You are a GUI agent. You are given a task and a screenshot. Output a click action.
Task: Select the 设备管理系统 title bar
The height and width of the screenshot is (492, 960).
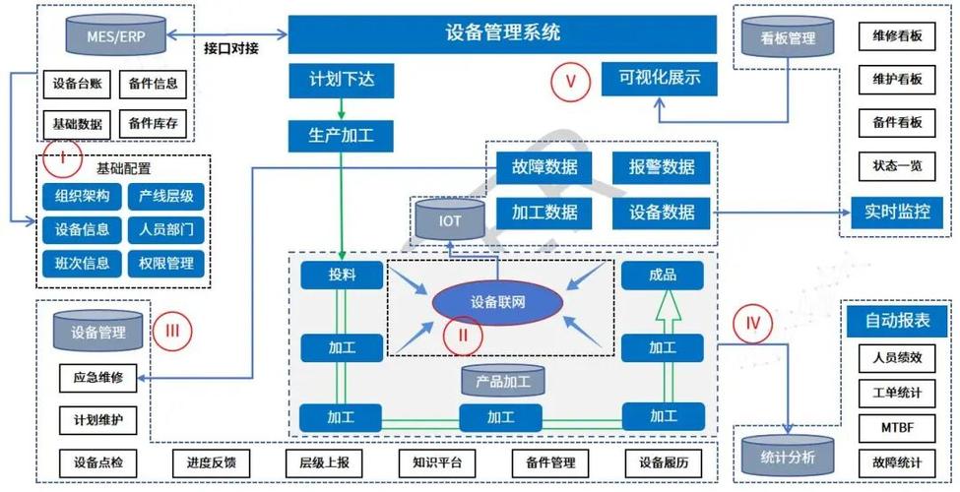tap(502, 33)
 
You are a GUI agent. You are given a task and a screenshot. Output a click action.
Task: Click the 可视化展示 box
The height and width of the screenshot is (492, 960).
tap(659, 78)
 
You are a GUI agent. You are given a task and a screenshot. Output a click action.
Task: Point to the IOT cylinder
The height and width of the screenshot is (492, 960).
tap(449, 219)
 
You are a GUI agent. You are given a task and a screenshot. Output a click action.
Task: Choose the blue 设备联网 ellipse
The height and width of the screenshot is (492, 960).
tap(497, 302)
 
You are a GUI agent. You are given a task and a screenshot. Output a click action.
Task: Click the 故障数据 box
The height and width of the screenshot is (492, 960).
tap(538, 166)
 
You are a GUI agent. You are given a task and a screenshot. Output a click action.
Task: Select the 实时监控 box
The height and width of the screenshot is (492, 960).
tap(897, 211)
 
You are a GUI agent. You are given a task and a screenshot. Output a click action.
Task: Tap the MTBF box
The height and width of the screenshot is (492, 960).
tap(896, 429)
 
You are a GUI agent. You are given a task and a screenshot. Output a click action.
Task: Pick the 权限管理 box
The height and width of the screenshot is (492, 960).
tap(165, 264)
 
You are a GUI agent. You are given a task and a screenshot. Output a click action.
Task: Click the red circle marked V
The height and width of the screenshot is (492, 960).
tap(569, 82)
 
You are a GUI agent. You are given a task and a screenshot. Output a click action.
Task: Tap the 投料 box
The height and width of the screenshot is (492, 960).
tap(342, 275)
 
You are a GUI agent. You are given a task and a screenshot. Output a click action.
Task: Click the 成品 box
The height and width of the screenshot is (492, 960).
tap(663, 275)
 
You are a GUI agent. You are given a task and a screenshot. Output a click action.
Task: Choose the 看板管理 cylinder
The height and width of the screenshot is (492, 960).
tap(789, 38)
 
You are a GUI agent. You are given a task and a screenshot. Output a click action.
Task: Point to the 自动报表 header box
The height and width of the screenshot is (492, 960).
tap(896, 321)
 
